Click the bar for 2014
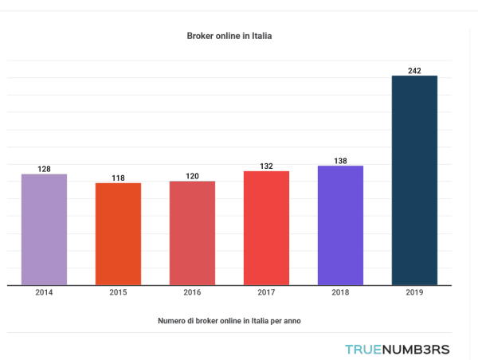pos(44,229)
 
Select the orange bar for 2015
pos(118,233)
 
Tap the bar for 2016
pos(192,233)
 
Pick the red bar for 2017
pos(266,228)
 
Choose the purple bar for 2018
pos(340,225)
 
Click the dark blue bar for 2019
pos(414,180)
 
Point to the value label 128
pos(44,169)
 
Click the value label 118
pos(118,178)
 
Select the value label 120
pos(192,176)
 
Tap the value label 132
pos(266,166)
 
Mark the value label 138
pos(340,161)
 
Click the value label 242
pos(414,71)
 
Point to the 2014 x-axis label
pos(44,293)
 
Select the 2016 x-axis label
pos(192,293)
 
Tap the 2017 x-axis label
pos(266,293)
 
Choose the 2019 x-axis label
pos(414,293)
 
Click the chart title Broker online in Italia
pos(229,36)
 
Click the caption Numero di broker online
pos(229,320)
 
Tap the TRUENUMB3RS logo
pos(397,349)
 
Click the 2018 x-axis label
pos(340,293)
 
